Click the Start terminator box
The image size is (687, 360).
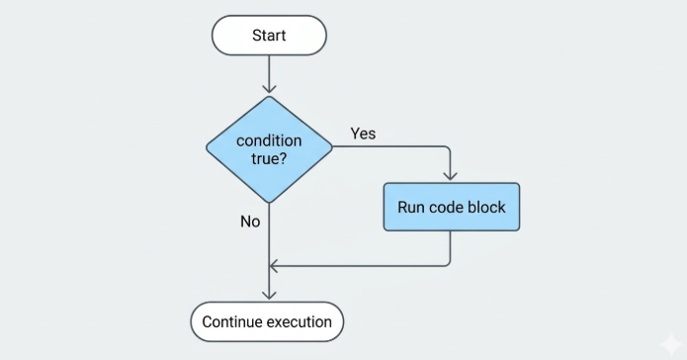[x=269, y=35]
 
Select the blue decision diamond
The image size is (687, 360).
[x=269, y=149]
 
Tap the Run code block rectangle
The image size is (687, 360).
[x=452, y=207]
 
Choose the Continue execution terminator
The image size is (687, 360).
[x=267, y=321]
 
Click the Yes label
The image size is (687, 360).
[x=363, y=134]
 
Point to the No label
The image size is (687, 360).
[x=250, y=222]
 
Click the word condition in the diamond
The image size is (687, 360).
[x=269, y=140]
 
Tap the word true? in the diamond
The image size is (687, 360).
[x=269, y=158]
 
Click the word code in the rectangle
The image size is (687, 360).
[x=446, y=207]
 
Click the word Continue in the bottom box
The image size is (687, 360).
[x=232, y=321]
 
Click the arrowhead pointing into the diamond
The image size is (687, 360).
[x=269, y=89]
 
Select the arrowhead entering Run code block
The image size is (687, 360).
[x=451, y=176]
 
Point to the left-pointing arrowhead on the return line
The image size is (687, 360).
[x=274, y=266]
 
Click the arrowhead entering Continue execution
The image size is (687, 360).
[x=269, y=295]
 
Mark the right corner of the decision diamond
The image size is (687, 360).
[x=332, y=147]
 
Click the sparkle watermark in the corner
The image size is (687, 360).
[x=671, y=344]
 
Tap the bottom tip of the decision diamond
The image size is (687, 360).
[x=269, y=203]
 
